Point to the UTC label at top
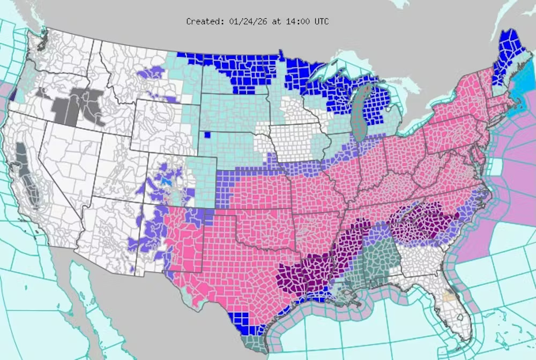click(321, 21)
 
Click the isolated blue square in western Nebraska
click(207, 134)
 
